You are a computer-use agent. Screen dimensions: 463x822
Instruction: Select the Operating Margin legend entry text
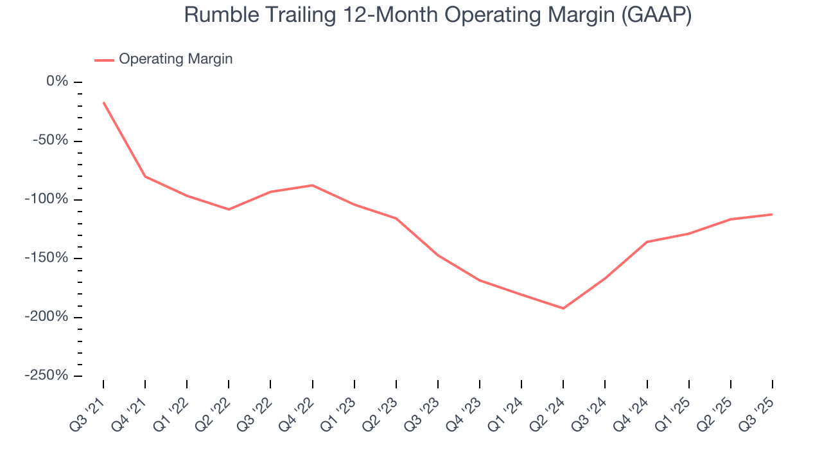175,59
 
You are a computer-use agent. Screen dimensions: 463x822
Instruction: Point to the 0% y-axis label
57,82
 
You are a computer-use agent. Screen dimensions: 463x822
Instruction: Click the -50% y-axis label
51,141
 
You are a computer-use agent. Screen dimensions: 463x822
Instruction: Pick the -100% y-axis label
48,199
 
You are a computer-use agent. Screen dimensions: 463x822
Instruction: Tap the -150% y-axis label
48,258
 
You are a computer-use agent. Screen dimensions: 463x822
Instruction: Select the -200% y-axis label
48,317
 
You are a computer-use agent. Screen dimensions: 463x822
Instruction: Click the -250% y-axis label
48,376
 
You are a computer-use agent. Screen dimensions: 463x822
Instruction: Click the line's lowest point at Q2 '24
563,308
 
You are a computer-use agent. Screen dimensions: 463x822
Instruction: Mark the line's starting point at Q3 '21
103,102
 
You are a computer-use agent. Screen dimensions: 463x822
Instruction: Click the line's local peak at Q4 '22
313,185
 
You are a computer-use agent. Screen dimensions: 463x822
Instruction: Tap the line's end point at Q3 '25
772,214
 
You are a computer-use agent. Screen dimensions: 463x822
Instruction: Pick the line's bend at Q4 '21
145,176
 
